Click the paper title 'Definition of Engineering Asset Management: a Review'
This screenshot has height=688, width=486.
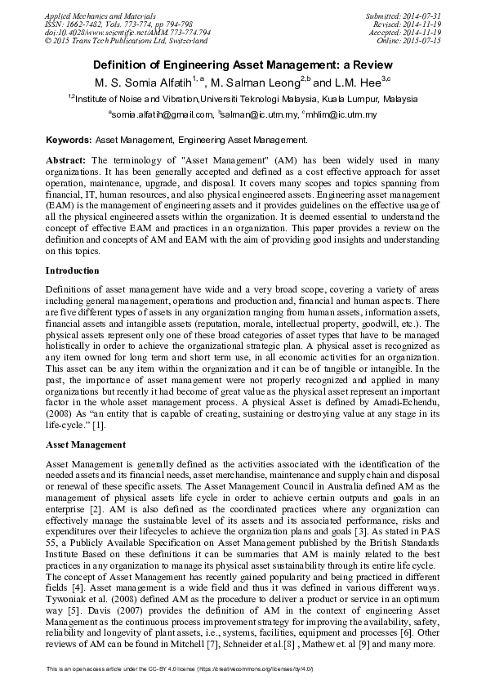point(243,65)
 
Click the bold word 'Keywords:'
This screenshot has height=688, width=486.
point(69,141)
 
